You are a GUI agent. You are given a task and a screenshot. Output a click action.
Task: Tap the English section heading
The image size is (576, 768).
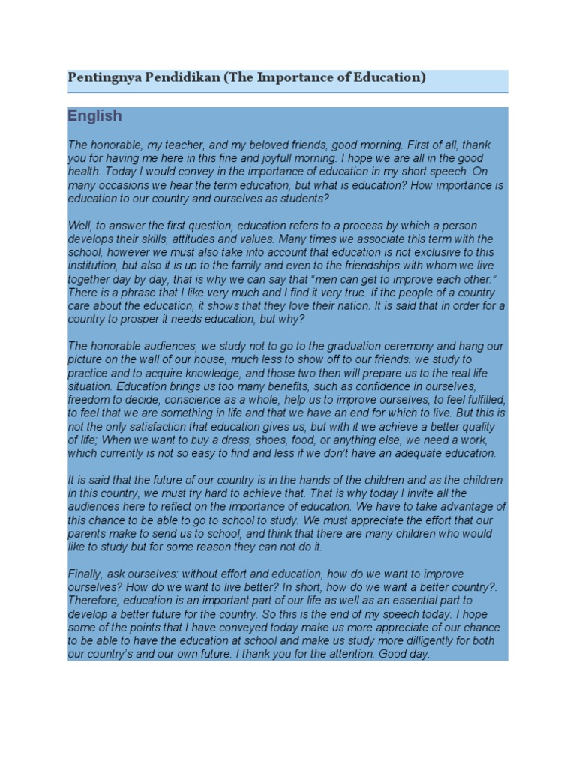point(94,116)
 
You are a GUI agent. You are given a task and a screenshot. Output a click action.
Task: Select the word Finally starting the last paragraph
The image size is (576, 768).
point(84,574)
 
